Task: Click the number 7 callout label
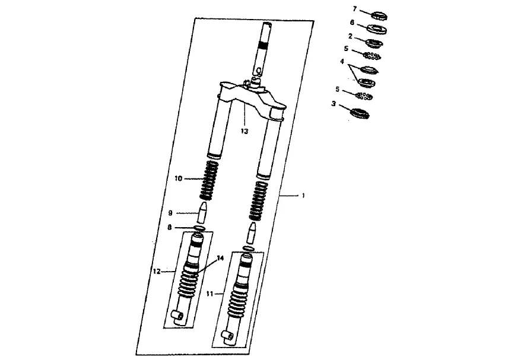(x=354, y=9)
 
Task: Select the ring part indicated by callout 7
(x=379, y=15)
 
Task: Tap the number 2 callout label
(x=350, y=36)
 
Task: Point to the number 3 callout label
(x=334, y=104)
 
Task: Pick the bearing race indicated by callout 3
(x=360, y=113)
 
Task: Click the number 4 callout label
(x=342, y=62)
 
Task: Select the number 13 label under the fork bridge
(x=245, y=131)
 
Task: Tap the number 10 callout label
(x=178, y=179)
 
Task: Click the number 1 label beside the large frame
(x=303, y=196)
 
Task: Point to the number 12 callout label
(x=157, y=271)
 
